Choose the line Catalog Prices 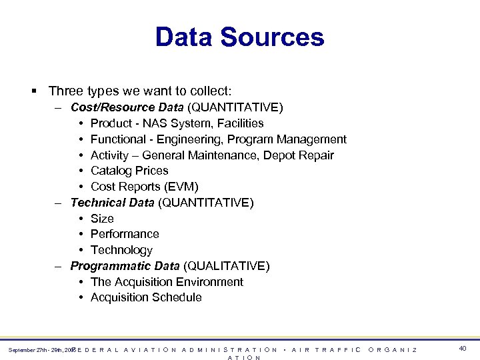pos(129,171)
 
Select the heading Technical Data pos(112,203)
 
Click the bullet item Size pos(102,219)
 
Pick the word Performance pos(125,234)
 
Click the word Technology pos(121,250)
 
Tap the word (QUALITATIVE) pos(227,266)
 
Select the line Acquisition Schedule pos(146,297)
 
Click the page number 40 pos(463,348)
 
